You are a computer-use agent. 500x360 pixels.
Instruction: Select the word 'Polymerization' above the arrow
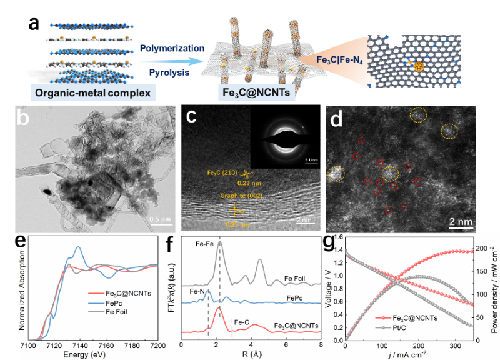[x=172, y=48]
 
